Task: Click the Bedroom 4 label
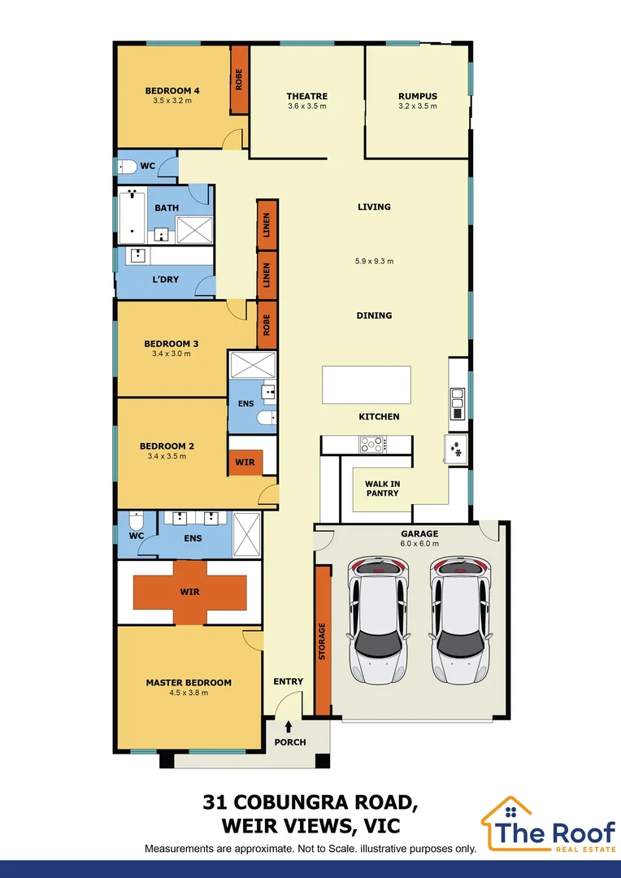pos(172,90)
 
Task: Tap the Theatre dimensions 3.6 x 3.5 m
pos(306,106)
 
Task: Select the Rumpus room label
pos(417,96)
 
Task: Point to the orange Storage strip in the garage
pos(323,641)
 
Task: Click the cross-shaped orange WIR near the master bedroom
pos(189,592)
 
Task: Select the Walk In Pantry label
pos(382,488)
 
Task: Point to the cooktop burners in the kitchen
pos(373,445)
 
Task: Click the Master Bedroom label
pos(189,682)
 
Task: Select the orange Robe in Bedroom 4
pos(239,80)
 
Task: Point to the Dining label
pos(374,315)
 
